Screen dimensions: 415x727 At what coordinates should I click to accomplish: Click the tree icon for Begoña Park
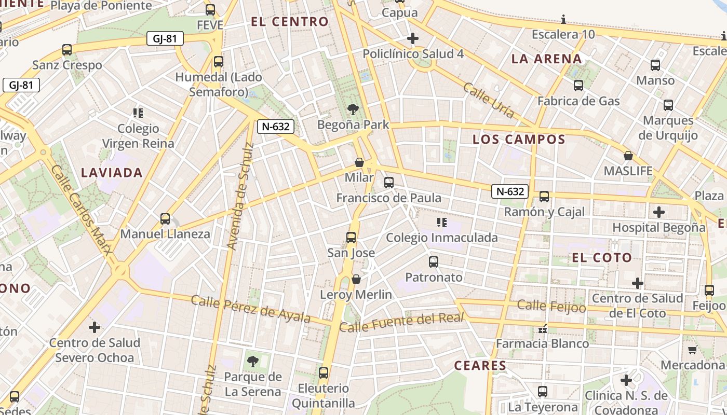tap(353, 109)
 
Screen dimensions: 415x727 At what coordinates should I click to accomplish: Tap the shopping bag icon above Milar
tap(359, 162)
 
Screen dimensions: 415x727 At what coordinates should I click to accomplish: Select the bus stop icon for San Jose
tap(351, 238)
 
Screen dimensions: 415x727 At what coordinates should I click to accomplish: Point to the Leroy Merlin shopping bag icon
tap(356, 279)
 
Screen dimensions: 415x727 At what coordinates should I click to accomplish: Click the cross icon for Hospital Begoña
tap(659, 212)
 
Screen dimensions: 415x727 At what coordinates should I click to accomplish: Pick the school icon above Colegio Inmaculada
tap(442, 223)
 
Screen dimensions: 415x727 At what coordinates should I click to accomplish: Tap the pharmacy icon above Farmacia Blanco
tap(543, 328)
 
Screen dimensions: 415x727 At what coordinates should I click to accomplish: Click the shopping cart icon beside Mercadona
tap(692, 350)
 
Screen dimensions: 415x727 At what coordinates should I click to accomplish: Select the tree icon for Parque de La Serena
tap(253, 361)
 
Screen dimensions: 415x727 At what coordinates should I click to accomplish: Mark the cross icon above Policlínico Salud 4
tap(413, 38)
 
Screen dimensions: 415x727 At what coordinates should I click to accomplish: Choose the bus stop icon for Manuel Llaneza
tap(165, 218)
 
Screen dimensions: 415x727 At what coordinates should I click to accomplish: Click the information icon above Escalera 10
tap(563, 20)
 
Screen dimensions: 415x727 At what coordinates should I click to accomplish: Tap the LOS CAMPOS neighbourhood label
tap(519, 139)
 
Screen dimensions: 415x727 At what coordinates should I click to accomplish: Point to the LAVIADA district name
tap(112, 173)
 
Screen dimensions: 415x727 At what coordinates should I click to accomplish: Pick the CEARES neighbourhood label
tap(480, 365)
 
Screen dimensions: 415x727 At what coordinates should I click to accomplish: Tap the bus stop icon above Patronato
tap(434, 262)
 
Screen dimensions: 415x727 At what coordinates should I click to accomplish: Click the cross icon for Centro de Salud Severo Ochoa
tap(95, 327)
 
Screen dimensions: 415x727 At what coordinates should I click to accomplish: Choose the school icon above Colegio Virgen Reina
tap(138, 113)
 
